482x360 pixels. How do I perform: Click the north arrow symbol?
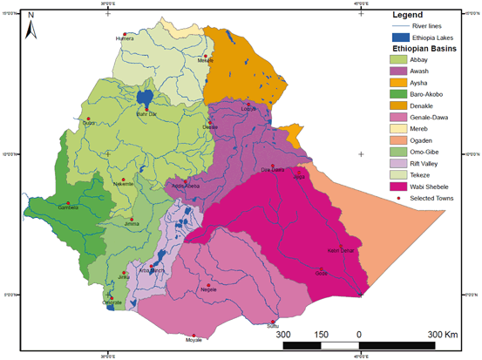click(x=29, y=27)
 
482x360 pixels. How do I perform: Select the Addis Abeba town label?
click(x=187, y=186)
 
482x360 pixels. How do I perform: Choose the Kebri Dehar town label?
click(x=339, y=251)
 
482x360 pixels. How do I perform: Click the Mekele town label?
click(x=206, y=60)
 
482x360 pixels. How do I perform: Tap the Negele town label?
click(x=208, y=289)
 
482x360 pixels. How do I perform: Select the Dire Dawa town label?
click(x=274, y=172)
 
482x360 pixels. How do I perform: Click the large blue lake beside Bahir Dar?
click(x=145, y=96)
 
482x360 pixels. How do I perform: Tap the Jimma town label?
click(x=132, y=224)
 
